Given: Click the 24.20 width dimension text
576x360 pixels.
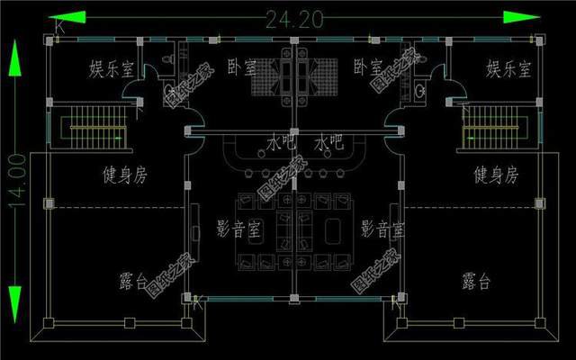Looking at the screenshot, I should (288, 18).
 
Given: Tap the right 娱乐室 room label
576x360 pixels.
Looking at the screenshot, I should (508, 68).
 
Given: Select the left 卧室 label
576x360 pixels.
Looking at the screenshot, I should (241, 67).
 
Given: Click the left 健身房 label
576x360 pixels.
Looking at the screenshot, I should (122, 175).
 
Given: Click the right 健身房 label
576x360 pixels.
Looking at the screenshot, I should (495, 175).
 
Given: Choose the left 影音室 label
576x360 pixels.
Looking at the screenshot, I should (239, 229).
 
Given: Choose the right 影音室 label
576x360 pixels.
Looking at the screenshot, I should (382, 229).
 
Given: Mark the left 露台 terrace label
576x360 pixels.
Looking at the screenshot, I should (133, 282).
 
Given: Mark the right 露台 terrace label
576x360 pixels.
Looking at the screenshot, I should (476, 282).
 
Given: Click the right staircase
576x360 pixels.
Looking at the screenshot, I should (490, 127).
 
